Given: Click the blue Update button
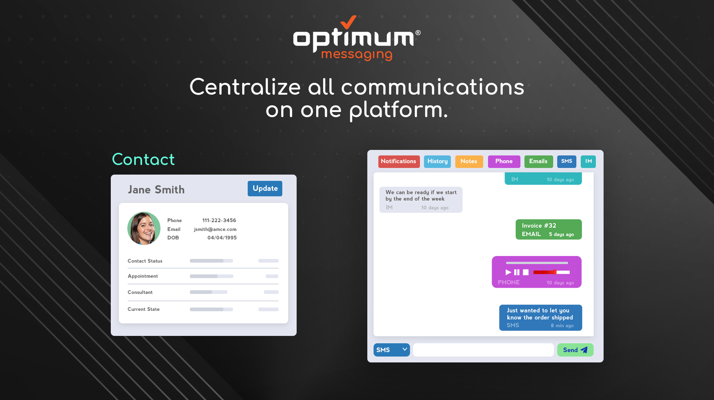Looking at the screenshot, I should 265,189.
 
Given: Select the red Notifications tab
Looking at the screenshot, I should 399,161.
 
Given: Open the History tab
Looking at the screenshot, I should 437,161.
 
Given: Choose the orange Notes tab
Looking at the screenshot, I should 469,161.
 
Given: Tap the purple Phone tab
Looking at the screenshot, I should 504,161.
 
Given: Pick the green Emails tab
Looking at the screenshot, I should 538,161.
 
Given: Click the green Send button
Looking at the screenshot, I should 575,350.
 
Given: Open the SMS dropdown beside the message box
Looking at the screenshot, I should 392,350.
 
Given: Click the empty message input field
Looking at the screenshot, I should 483,350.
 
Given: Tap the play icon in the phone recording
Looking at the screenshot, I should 508,272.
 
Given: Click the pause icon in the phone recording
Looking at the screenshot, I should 517,272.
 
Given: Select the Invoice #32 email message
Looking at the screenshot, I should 548,229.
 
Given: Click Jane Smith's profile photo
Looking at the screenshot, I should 144,228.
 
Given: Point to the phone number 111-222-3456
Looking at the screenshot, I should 219,220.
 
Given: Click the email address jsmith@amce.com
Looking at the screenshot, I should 215,229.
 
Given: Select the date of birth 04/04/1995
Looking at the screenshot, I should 222,238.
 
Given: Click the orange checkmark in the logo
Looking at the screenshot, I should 348,22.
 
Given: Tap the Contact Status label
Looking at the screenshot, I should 145,261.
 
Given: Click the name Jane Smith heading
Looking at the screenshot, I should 156,190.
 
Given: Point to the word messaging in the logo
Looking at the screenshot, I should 357,55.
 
